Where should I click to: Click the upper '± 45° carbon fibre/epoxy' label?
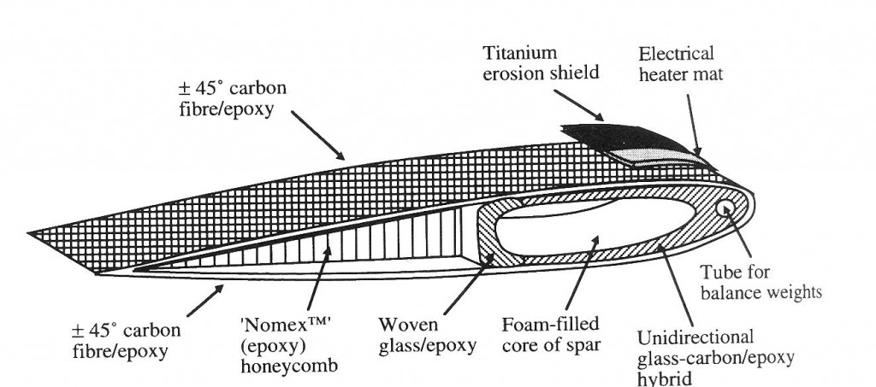[228, 99]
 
